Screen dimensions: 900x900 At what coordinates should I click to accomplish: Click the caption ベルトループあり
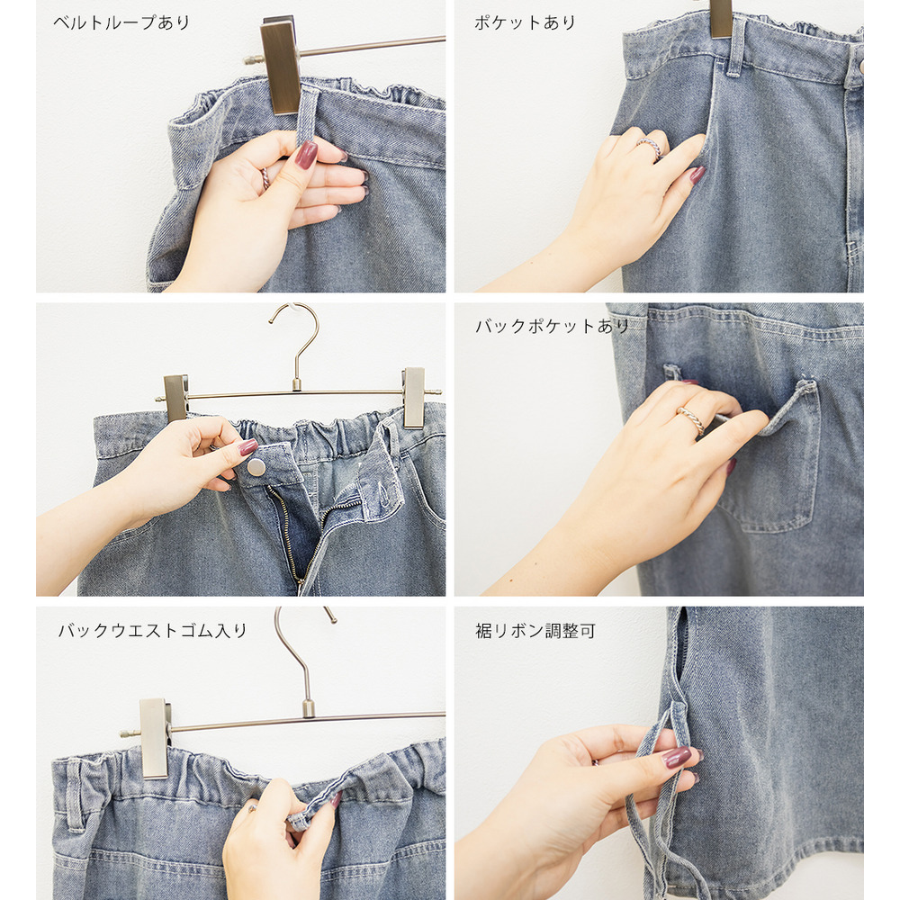[x=121, y=23]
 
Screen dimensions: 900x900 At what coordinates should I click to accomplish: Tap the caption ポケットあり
[x=525, y=23]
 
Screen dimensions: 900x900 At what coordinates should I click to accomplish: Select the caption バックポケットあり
[x=552, y=326]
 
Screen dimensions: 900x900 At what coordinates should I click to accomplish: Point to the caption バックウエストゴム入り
[x=152, y=630]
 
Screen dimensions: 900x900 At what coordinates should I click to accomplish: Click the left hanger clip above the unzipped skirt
[x=175, y=397]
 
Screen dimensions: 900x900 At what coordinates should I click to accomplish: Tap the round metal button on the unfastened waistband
[x=256, y=467]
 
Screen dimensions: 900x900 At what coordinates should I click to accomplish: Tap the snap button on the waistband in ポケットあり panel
[x=859, y=66]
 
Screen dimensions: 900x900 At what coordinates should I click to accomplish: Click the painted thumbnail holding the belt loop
[x=306, y=155]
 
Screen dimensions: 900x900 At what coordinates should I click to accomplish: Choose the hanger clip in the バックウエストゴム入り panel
[x=154, y=737]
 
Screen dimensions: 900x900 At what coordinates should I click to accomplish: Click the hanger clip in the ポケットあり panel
[x=721, y=18]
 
